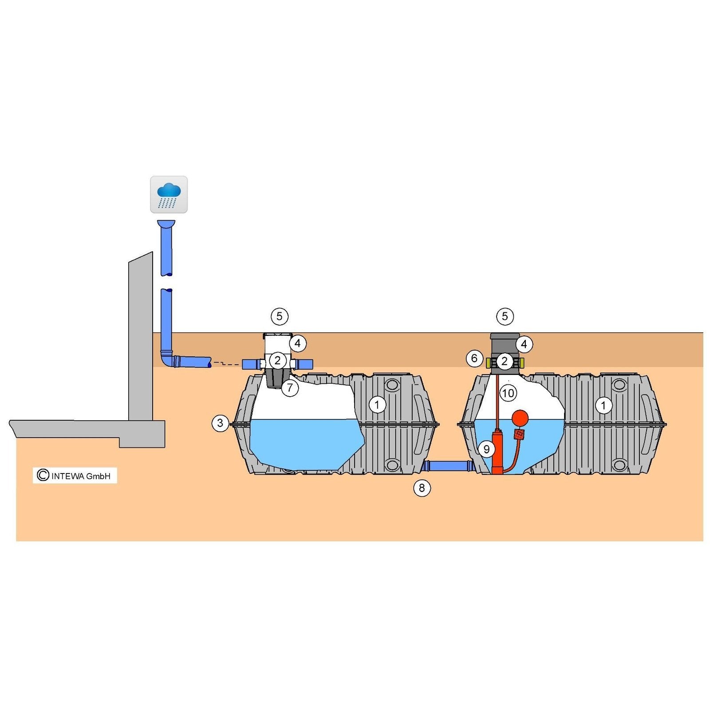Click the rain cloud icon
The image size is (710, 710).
pyautogui.click(x=169, y=194)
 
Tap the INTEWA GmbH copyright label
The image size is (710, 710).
pyautogui.click(x=75, y=476)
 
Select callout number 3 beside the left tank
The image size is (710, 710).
pyautogui.click(x=220, y=423)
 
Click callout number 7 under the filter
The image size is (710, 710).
pyautogui.click(x=290, y=388)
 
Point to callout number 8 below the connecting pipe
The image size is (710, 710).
pyautogui.click(x=422, y=488)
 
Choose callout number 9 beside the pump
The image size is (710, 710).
pyautogui.click(x=486, y=450)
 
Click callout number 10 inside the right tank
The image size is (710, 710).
pyautogui.click(x=508, y=393)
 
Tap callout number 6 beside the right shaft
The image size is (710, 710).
pyautogui.click(x=474, y=358)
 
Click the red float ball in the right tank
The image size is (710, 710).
pyautogui.click(x=520, y=418)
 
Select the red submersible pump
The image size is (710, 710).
pyautogui.click(x=498, y=451)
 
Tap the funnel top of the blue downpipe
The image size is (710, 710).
pyautogui.click(x=166, y=224)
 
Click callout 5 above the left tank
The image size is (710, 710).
pyautogui.click(x=279, y=316)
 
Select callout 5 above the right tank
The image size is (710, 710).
pyautogui.click(x=505, y=316)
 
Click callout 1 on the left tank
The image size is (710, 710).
pyautogui.click(x=377, y=405)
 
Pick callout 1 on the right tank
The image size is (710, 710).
pyautogui.click(x=603, y=405)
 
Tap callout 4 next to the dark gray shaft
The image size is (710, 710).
pyautogui.click(x=524, y=344)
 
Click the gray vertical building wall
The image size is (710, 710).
pyautogui.click(x=141, y=336)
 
